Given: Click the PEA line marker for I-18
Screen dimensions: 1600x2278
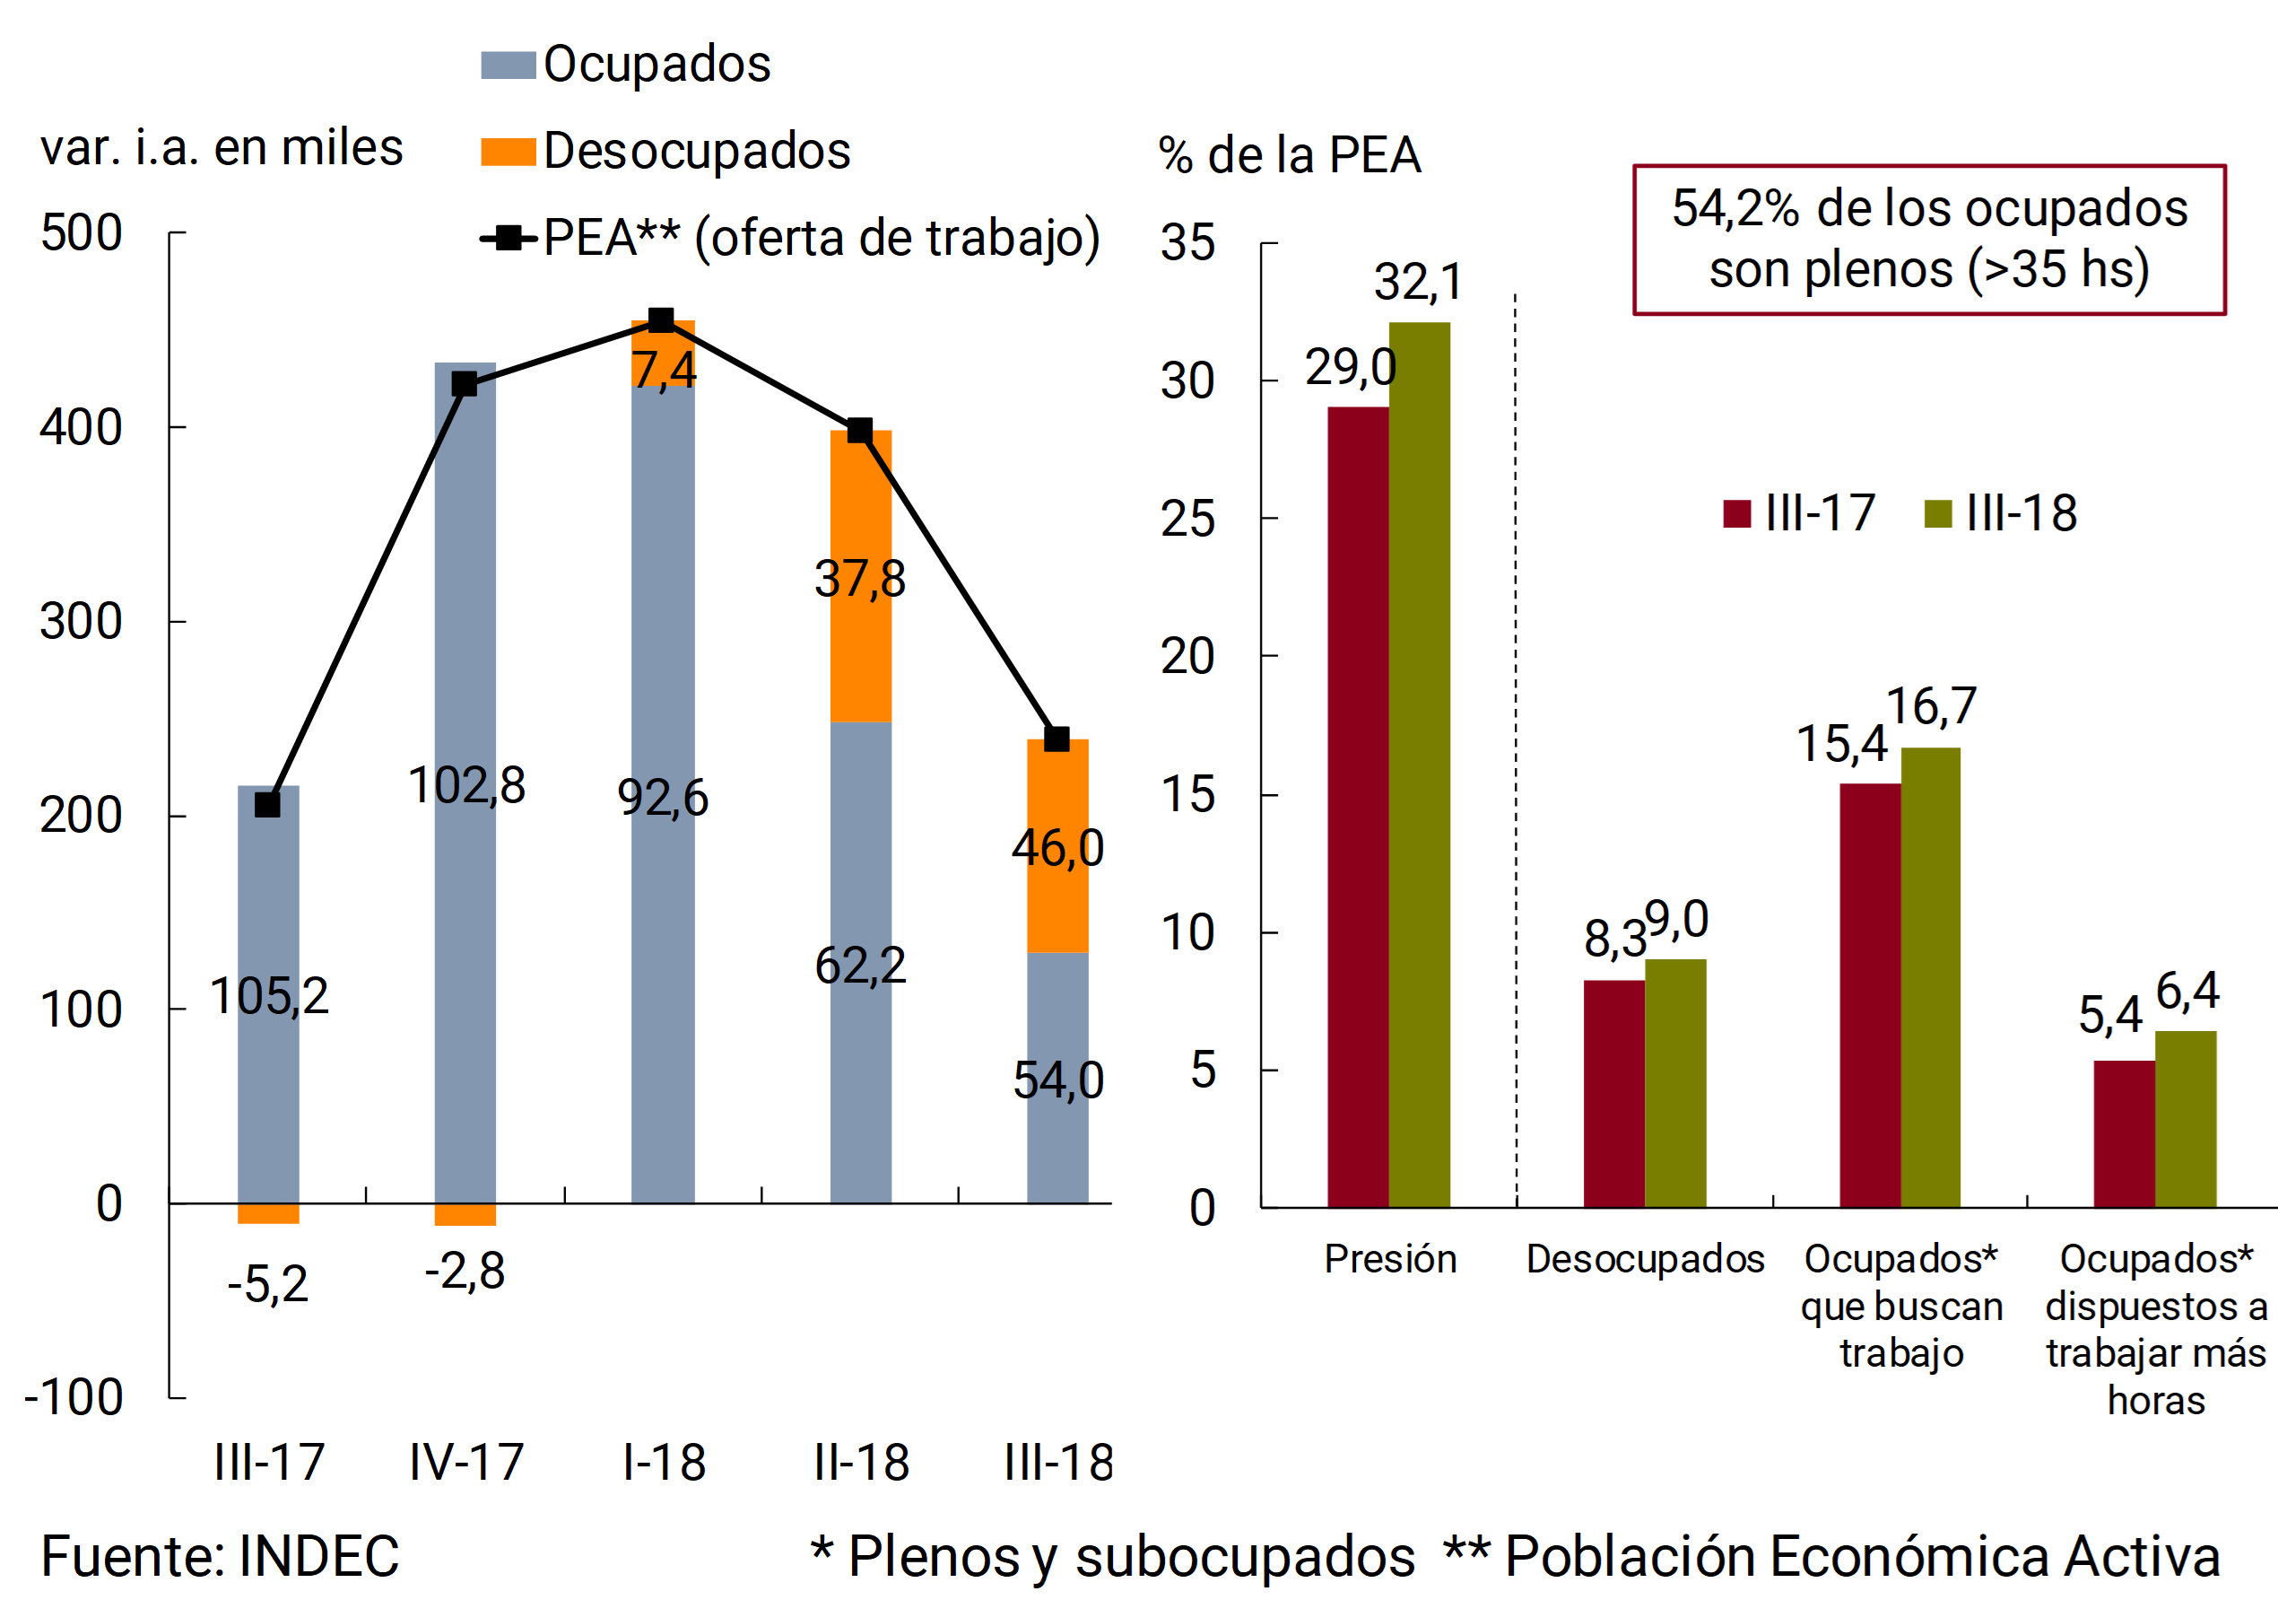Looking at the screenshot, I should (661, 319).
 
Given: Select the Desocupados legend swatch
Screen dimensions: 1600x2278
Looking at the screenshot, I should (508, 152).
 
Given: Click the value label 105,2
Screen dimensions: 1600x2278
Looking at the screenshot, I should (269, 995).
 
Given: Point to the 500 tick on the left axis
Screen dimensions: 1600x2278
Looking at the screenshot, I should (82, 233).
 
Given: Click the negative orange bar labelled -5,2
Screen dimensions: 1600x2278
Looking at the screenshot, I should (268, 1213).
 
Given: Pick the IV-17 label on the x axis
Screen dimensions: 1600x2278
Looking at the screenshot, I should (466, 1462).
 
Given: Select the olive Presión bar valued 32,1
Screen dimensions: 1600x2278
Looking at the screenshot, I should (1419, 765).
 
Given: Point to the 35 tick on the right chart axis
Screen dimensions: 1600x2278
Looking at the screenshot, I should (1187, 243).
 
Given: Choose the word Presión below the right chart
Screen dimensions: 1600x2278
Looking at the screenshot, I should (1390, 1259).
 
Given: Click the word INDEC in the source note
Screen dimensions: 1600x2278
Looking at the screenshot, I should (318, 1555).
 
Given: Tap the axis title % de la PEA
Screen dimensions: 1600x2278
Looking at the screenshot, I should (1290, 156).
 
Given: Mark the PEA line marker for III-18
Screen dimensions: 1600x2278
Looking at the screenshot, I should (1056, 739).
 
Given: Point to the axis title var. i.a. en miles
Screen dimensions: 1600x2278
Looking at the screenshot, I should (222, 148).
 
